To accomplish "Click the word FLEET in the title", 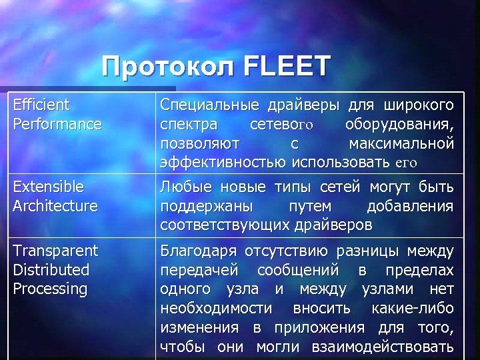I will click(288, 67).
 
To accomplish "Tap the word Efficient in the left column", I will click(41, 105).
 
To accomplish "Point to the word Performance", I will click(57, 124).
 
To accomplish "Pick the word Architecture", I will click(55, 205).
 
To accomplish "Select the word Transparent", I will click(55, 251).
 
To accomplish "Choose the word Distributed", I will click(51, 270).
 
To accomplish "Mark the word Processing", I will click(50, 289).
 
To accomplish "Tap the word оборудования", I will click(400, 124).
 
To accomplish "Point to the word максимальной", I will click(401, 143).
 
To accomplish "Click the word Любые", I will click(182, 186).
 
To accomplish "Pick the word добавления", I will click(409, 205).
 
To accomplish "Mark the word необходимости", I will click(216, 309).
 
